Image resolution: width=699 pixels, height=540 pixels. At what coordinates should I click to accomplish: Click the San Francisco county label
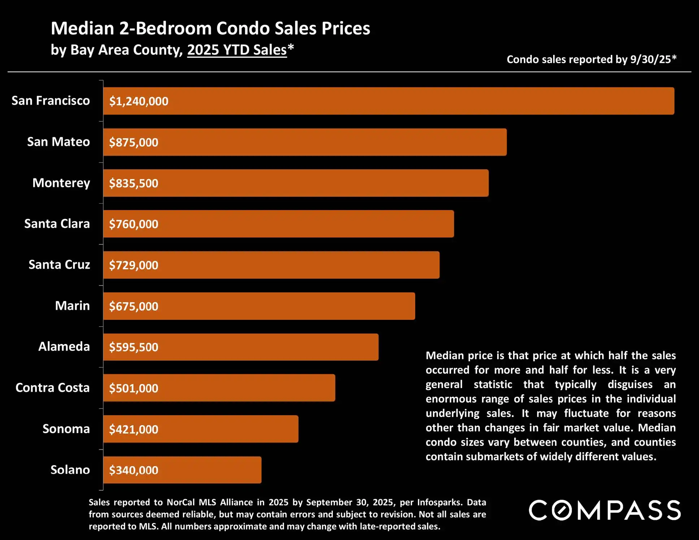(51, 101)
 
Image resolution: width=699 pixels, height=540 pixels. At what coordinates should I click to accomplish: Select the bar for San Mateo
(305, 142)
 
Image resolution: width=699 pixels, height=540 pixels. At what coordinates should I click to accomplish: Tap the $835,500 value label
(134, 183)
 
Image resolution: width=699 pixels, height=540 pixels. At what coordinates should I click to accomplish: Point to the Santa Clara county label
(57, 224)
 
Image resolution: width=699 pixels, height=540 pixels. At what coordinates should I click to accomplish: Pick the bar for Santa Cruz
(271, 265)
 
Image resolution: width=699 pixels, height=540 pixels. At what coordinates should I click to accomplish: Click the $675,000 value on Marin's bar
(134, 306)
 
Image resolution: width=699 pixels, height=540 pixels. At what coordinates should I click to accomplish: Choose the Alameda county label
(64, 347)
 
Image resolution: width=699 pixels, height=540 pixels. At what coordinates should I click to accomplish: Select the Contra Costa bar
(219, 388)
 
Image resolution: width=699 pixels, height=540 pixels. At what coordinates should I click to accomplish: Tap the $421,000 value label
(134, 429)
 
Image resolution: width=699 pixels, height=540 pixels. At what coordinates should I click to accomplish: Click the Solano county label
(70, 470)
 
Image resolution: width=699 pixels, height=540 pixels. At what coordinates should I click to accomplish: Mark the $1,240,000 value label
(139, 101)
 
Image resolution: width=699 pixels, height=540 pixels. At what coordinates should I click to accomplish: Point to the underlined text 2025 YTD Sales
(237, 50)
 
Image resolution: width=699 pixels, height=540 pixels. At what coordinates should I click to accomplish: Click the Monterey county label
(61, 183)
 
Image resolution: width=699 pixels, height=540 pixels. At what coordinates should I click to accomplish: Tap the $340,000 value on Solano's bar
(134, 470)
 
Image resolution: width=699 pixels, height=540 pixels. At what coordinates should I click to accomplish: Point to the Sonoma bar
(201, 429)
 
